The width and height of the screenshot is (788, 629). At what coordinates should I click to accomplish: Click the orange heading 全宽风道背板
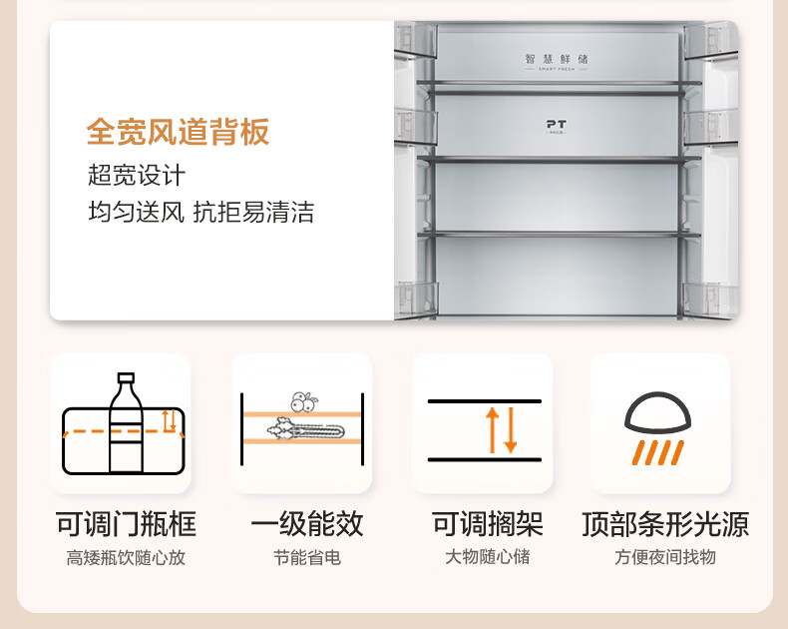[x=178, y=132]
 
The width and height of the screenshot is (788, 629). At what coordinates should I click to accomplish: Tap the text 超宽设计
[x=137, y=176]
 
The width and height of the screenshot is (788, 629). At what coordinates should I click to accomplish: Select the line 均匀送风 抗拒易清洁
[x=200, y=212]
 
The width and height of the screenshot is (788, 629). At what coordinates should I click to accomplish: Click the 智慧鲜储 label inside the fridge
[x=557, y=59]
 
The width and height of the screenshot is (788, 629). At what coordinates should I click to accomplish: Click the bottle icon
[x=125, y=423]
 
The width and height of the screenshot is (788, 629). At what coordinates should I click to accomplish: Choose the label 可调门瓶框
[x=126, y=524]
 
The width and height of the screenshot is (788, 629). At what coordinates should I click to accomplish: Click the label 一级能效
[x=307, y=524]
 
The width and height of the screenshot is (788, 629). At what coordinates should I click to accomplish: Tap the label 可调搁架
[x=488, y=524]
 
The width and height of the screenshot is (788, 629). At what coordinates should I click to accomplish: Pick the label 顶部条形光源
[x=665, y=524]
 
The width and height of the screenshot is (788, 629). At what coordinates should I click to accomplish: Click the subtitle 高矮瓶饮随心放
[x=126, y=558]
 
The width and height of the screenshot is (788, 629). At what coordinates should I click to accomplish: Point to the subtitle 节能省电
[x=307, y=558]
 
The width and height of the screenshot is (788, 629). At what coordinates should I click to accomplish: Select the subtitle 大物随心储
[x=488, y=557]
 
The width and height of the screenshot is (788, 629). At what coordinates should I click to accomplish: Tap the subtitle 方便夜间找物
[x=665, y=558]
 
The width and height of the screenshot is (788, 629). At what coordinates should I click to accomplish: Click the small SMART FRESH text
[x=557, y=70]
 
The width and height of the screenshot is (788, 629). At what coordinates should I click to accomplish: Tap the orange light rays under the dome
[x=659, y=452]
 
